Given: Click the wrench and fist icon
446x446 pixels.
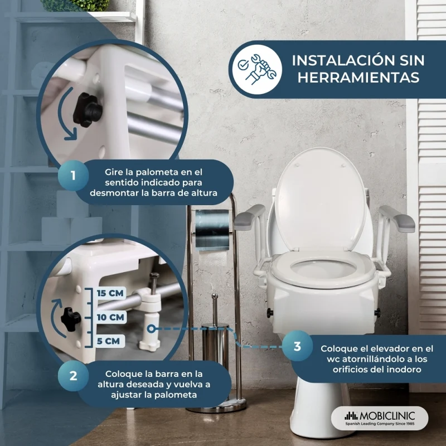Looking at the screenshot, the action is tap(257, 69).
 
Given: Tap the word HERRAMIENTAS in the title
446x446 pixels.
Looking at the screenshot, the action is tap(358, 77).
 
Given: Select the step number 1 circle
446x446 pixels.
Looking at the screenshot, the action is tap(74, 175).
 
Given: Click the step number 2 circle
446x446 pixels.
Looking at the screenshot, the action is tap(74, 376).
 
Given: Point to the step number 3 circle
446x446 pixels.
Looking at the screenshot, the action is tap(298, 346).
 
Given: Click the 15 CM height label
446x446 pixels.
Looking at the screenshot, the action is tap(110, 293).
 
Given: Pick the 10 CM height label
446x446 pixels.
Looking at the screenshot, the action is tap(110, 317).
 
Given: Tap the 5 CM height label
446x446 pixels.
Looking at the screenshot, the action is tap(108, 341).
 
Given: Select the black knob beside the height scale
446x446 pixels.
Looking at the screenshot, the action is tap(71, 319).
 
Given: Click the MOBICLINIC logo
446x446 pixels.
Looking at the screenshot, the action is tap(380, 418).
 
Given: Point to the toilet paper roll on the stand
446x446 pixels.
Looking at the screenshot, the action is tap(212, 230).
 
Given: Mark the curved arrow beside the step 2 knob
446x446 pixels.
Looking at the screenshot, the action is tap(57, 318).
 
